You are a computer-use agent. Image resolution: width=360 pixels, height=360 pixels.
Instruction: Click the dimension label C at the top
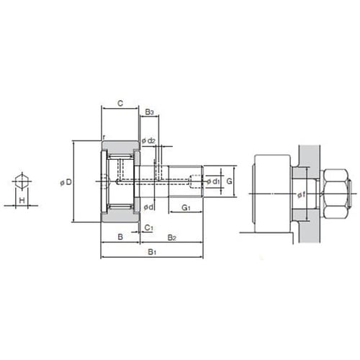pos(120,104)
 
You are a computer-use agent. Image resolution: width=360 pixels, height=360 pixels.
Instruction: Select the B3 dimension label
pos(149,112)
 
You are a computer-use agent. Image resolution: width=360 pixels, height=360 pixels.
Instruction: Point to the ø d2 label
pos(148,140)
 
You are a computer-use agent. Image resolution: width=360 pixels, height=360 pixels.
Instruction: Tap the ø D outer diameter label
pos(66,182)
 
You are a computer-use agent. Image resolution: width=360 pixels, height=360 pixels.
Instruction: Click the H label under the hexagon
pos(22,200)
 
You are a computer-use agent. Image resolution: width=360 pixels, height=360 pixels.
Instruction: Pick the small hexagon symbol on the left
pos(22,181)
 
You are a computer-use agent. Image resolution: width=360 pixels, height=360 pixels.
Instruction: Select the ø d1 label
pos(213,181)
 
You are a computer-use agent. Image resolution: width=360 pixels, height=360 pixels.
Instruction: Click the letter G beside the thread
pos(229,181)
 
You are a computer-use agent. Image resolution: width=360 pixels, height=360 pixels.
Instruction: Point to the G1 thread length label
pos(186,207)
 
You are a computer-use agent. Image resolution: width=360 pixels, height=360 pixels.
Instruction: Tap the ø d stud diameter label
pos(148,207)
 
